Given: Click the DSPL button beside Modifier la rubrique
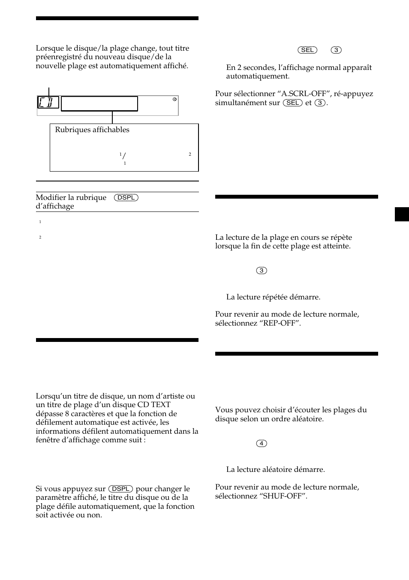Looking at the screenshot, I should click(126, 197).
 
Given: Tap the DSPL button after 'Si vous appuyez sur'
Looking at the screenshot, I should click(120, 489).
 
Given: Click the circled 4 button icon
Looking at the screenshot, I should click(262, 443).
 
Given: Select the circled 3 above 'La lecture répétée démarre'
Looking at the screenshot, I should click(262, 270).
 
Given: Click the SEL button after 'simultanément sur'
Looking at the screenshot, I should click(293, 103).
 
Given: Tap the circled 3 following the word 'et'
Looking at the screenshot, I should click(320, 103).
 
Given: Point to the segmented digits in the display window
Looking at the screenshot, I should click(48, 102).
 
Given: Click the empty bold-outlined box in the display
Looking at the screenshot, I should click(99, 104).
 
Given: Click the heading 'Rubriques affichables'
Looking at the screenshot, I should click(92, 130).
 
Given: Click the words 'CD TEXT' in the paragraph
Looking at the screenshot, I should click(154, 405).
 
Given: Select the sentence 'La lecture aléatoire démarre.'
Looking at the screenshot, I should click(275, 469).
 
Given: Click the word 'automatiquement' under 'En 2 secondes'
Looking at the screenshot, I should click(258, 76).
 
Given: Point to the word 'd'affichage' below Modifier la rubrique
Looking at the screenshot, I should click(55, 206).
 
